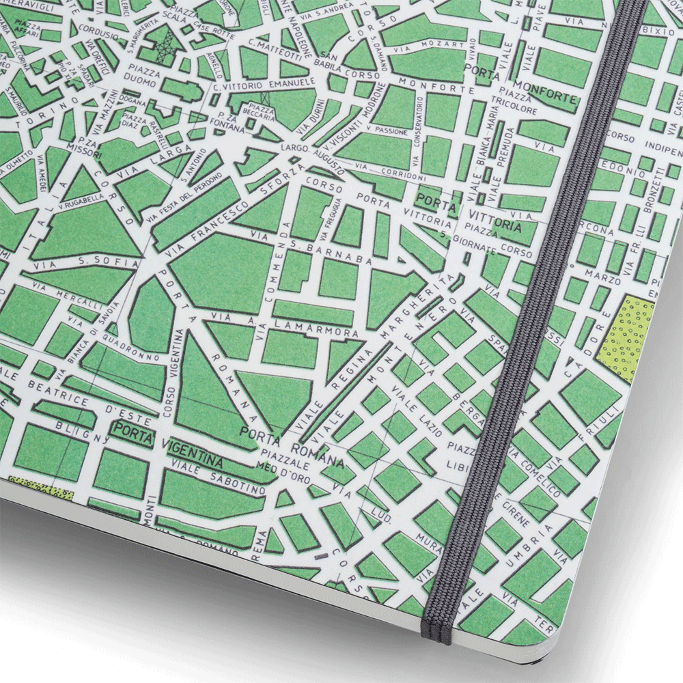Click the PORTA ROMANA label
click(x=282, y=434)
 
